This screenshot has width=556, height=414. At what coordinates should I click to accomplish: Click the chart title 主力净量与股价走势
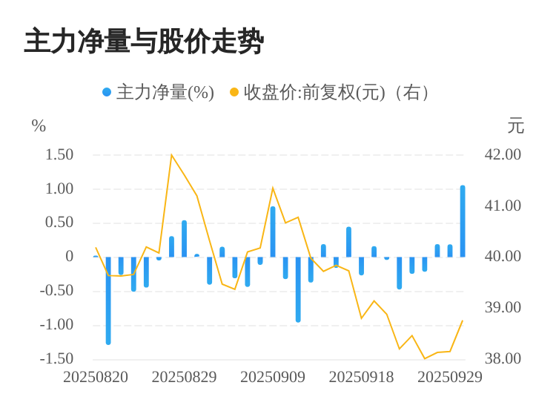pyautogui.click(x=144, y=42)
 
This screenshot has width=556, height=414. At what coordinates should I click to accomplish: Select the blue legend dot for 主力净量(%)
pyautogui.click(x=107, y=93)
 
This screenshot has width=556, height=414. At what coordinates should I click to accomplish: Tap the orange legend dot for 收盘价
pyautogui.click(x=234, y=93)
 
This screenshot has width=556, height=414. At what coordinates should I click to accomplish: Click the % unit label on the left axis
pyautogui.click(x=39, y=126)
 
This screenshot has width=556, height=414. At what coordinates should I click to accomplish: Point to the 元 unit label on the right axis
pyautogui.click(x=515, y=126)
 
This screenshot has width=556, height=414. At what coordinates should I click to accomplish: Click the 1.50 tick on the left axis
pyautogui.click(x=59, y=155)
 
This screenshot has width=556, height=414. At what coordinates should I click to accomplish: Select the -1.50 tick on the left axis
pyautogui.click(x=57, y=359)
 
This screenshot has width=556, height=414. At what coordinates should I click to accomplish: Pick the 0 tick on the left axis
pyautogui.click(x=70, y=257)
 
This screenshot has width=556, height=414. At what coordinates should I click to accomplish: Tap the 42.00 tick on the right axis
pyautogui.click(x=503, y=155)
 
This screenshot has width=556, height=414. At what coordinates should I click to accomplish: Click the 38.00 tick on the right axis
pyautogui.click(x=503, y=359)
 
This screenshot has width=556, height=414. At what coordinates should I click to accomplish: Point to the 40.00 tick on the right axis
pyautogui.click(x=503, y=257)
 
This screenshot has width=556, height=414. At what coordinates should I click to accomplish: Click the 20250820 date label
pyautogui.click(x=96, y=377)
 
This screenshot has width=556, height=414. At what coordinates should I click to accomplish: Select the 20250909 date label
pyautogui.click(x=273, y=377)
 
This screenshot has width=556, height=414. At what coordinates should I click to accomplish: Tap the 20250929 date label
pyautogui.click(x=450, y=377)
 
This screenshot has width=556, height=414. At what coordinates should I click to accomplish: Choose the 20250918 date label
pyautogui.click(x=361, y=377)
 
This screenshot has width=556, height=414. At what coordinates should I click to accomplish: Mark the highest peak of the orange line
pyautogui.click(x=172, y=155)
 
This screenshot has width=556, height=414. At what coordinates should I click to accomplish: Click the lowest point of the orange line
pyautogui.click(x=425, y=358)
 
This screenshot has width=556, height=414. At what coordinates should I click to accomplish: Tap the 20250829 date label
pyautogui.click(x=184, y=377)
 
